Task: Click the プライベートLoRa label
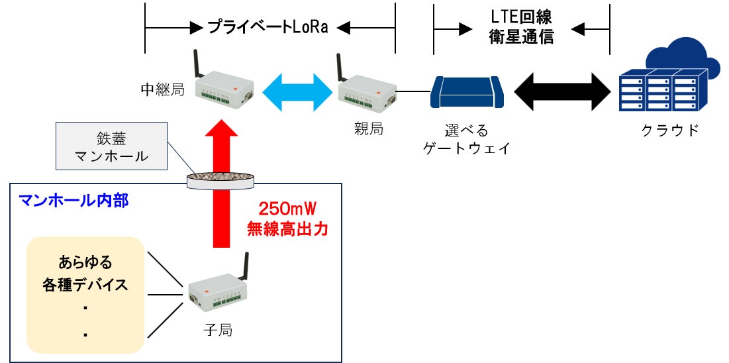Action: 268,27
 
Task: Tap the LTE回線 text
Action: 520,15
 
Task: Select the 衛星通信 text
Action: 520,36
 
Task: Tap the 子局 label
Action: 218,329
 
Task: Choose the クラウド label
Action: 670,130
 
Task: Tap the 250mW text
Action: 283,210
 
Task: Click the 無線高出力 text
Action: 283,230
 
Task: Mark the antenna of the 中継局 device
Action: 197,64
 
